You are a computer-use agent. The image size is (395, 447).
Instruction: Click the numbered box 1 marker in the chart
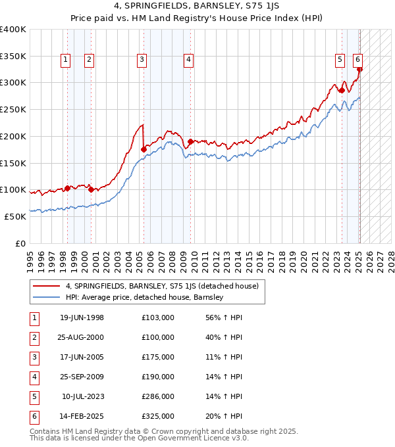click(66, 60)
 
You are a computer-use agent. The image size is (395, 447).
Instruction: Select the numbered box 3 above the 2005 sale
click(142, 60)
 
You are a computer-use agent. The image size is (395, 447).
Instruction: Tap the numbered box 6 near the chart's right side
click(357, 60)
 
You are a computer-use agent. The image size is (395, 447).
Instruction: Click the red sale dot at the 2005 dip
click(144, 149)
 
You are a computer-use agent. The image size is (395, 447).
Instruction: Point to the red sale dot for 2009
click(190, 141)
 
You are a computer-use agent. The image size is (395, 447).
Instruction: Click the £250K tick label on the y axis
click(13, 109)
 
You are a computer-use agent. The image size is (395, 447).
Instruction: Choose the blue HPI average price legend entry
click(145, 297)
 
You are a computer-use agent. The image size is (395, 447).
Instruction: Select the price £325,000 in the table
click(158, 416)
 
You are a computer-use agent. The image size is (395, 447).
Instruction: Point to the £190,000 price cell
click(158, 377)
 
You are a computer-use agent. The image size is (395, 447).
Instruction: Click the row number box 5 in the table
click(34, 396)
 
